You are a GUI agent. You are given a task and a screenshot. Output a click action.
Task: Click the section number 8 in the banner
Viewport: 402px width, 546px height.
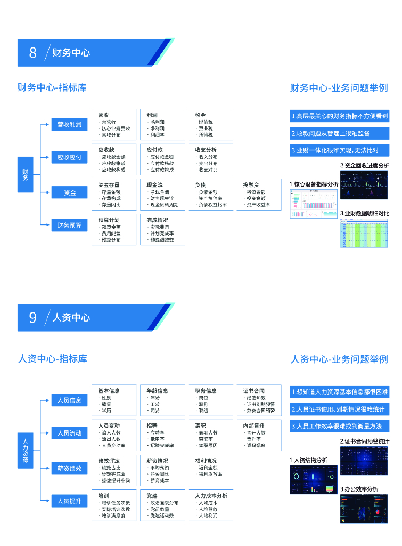(x=33, y=52)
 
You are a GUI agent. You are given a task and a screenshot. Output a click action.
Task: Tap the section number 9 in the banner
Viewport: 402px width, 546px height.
(x=33, y=317)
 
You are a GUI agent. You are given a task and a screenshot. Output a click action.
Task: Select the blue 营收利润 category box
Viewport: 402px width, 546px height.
(x=69, y=125)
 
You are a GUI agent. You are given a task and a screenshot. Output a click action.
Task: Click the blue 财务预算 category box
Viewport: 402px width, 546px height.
(x=69, y=225)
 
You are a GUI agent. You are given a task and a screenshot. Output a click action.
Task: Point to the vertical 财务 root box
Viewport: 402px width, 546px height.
(x=26, y=174)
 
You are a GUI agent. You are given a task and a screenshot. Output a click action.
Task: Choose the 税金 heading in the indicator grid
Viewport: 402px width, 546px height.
(x=201, y=115)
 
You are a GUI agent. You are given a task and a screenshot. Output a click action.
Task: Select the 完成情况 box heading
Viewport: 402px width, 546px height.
(x=158, y=219)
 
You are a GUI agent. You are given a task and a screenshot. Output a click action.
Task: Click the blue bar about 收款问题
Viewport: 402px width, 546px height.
(x=339, y=133)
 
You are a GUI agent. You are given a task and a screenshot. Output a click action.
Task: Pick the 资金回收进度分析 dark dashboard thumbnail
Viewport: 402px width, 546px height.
(x=364, y=184)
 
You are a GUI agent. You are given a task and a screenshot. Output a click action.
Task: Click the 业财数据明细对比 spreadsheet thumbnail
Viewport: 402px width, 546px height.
(x=364, y=232)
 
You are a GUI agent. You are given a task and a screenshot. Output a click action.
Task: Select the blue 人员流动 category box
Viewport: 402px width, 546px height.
(x=69, y=433)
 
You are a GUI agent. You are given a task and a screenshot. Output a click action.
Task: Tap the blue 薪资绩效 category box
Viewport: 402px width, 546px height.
(x=69, y=468)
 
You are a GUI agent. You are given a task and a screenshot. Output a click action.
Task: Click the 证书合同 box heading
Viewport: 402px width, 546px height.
(x=254, y=390)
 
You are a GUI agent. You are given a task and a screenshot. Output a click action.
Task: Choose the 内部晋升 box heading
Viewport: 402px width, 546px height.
(x=254, y=425)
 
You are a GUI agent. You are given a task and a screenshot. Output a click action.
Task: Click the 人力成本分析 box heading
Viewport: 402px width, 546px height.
(x=211, y=495)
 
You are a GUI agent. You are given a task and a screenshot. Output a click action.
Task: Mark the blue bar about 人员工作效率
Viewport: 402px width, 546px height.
(x=339, y=426)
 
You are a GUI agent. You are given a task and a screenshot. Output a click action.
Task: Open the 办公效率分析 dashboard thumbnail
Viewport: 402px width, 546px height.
(x=364, y=508)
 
